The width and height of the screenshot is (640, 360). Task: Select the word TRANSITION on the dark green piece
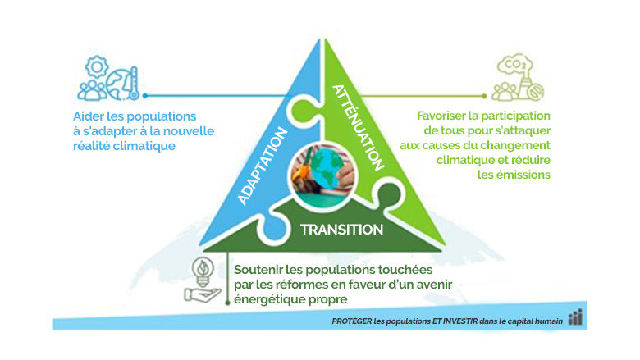342,229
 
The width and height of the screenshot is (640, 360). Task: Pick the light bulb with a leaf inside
199,268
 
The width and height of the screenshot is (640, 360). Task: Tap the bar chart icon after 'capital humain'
575,319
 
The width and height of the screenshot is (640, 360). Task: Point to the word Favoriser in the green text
445,116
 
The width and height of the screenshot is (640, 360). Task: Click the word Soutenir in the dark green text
259,270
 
